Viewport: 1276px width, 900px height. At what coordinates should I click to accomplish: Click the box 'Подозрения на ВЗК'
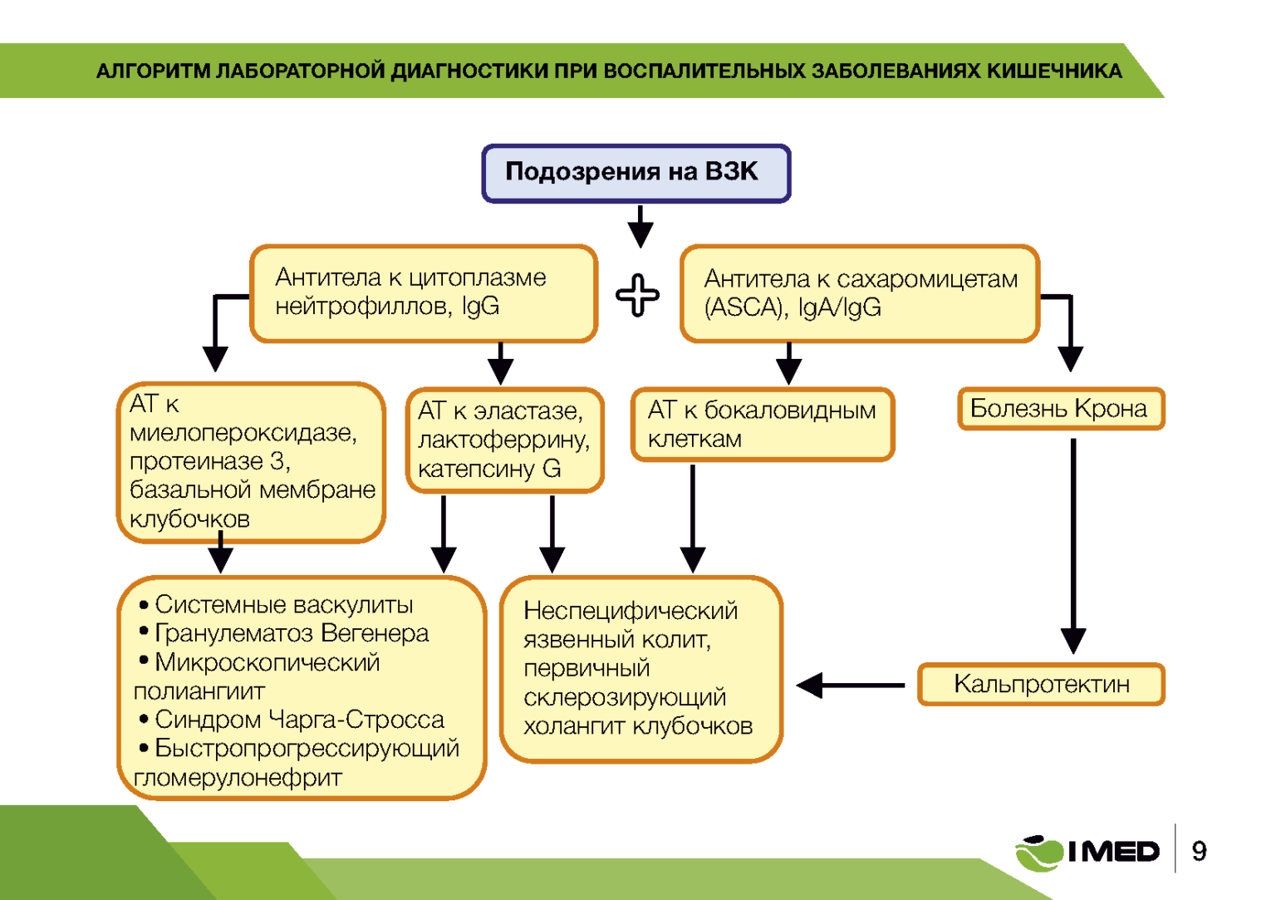tap(636, 173)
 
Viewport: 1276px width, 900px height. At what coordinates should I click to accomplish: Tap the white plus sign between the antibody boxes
tap(637, 295)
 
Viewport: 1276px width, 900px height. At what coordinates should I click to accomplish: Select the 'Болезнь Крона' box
tap(1060, 408)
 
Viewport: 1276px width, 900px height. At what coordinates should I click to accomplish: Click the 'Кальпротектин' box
tap(1041, 684)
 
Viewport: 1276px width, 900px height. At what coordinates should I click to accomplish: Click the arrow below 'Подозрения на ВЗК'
tap(639, 226)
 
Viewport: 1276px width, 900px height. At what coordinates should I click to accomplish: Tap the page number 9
tap(1199, 851)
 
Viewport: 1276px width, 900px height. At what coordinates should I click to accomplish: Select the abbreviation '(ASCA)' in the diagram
tap(745, 308)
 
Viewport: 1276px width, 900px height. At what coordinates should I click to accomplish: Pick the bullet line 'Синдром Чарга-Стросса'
tap(298, 719)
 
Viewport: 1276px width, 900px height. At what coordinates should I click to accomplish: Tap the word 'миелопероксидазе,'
tap(243, 433)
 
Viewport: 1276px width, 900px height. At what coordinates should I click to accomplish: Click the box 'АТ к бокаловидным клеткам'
tap(762, 424)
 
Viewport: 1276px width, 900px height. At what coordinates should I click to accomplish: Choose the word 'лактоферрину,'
tap(503, 440)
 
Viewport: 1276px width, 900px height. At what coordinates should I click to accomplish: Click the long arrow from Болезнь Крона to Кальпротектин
tap(1072, 544)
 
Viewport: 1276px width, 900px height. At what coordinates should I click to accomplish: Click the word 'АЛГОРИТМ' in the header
tap(153, 71)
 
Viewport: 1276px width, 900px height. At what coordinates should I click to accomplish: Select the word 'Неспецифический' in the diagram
tap(630, 611)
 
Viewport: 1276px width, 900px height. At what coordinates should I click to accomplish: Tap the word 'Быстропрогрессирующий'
tap(307, 748)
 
